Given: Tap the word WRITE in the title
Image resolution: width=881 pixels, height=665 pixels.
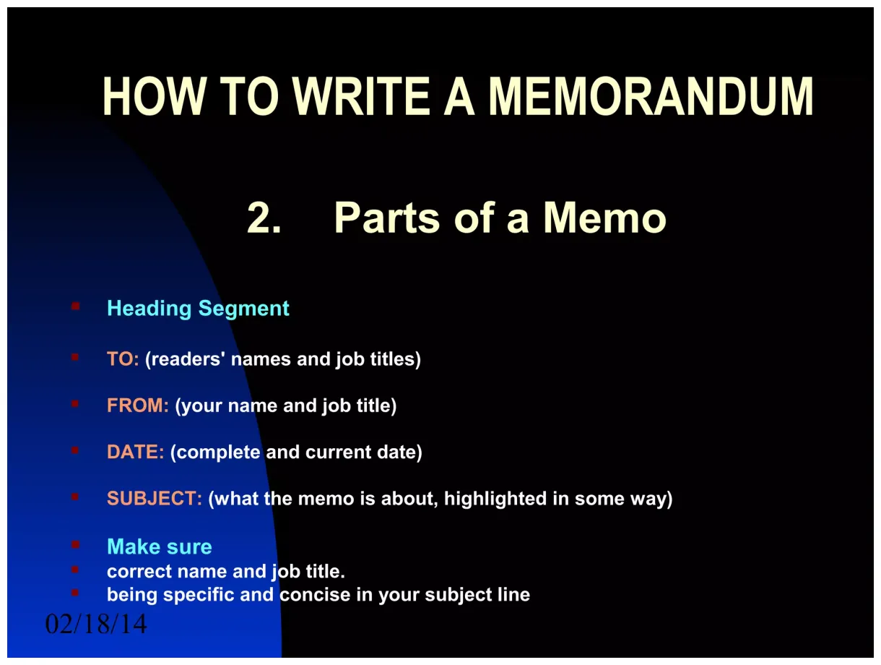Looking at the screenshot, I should [x=363, y=97].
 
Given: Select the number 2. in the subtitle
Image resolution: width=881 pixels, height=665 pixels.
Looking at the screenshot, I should [x=264, y=218].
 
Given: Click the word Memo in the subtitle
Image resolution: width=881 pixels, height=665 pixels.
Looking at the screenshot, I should [x=604, y=218].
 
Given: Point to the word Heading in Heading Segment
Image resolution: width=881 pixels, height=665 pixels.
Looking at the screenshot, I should [x=149, y=309].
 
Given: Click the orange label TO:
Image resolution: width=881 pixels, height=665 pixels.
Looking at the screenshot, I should [x=123, y=359].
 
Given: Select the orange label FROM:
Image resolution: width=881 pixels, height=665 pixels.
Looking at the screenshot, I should [x=138, y=406].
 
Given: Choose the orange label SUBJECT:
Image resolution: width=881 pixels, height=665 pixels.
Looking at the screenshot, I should [x=155, y=499].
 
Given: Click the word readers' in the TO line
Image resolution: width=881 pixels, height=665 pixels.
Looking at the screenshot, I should [x=186, y=359].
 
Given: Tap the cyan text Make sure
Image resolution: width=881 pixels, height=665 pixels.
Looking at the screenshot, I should [x=160, y=546].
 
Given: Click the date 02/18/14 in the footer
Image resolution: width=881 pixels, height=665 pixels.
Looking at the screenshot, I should [x=96, y=624].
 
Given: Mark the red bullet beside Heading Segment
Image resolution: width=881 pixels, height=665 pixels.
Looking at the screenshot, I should [x=75, y=306].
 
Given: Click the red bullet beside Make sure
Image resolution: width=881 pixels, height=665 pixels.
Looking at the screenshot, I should [x=75, y=544].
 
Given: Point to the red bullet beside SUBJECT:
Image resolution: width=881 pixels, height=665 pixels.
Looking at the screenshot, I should [x=75, y=497].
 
